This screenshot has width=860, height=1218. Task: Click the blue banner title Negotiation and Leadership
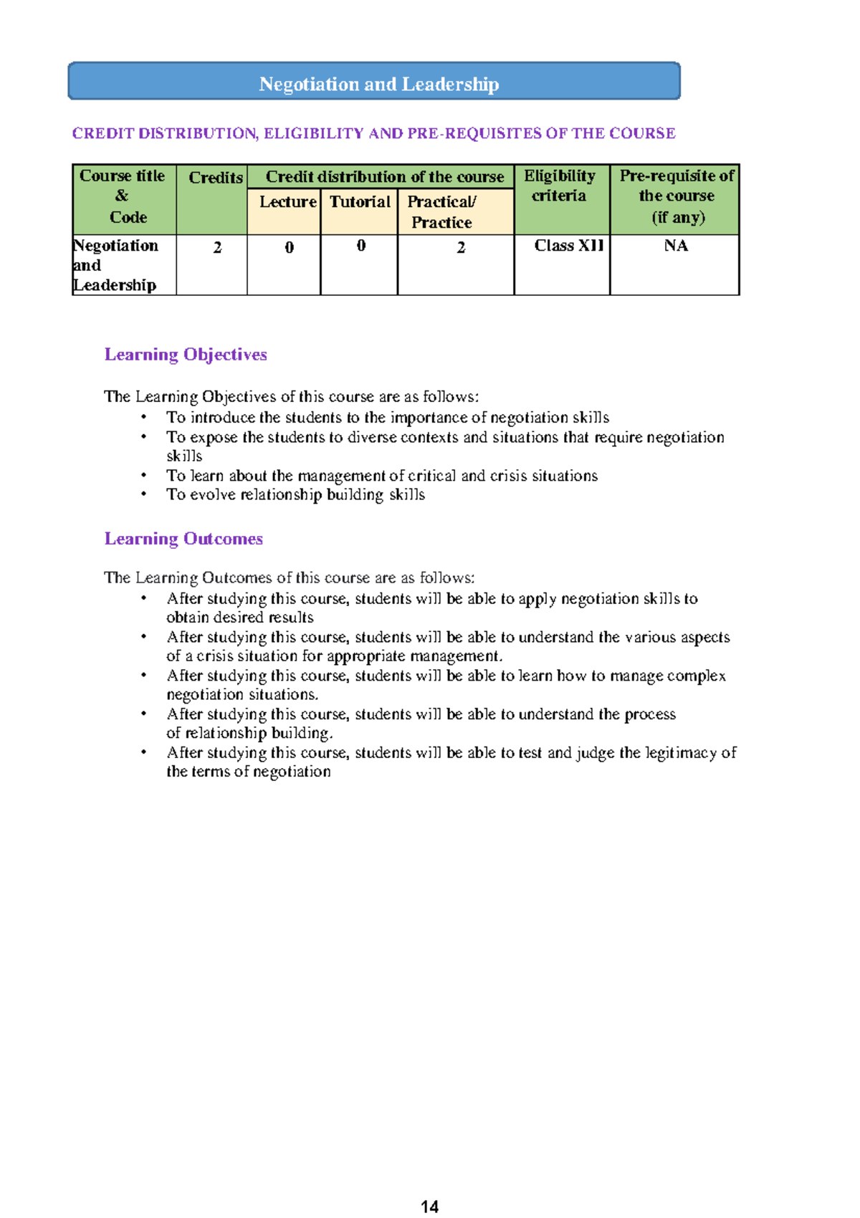tap(378, 84)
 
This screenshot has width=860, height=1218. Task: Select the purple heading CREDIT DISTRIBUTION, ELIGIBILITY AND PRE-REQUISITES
tap(373, 133)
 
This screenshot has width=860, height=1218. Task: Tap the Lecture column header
tap(287, 202)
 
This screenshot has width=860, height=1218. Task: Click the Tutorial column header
tap(360, 202)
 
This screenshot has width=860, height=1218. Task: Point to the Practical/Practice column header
tap(441, 212)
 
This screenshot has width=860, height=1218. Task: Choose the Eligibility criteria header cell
tap(560, 186)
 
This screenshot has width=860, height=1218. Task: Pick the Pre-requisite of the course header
tap(676, 196)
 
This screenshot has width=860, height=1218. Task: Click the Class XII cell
tap(569, 246)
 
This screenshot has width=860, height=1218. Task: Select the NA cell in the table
tap(676, 246)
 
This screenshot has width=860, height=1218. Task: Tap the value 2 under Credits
tap(217, 248)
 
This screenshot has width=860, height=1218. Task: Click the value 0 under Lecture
tap(289, 248)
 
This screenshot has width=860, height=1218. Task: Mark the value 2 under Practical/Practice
tap(461, 248)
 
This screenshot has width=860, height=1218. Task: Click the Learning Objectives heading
tap(186, 355)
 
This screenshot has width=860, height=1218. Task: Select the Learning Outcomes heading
tap(183, 539)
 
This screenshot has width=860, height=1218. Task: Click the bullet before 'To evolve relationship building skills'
tap(144, 494)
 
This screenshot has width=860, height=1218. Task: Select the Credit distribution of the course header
tap(385, 177)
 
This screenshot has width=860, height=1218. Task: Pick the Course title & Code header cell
tap(123, 196)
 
